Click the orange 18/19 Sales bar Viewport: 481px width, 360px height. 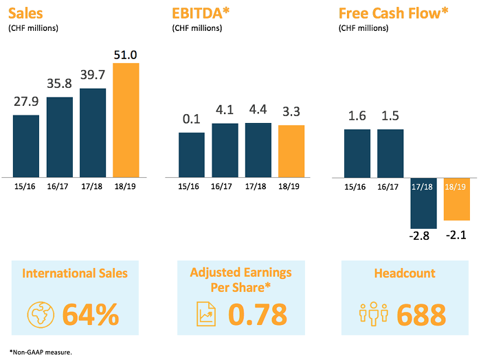[126, 120]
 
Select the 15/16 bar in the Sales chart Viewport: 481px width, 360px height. [26, 146]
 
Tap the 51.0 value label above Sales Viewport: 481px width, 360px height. [126, 54]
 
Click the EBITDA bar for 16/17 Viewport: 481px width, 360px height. [225, 150]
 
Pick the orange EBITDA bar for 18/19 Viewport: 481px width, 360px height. [291, 151]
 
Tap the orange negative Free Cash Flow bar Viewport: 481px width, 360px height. [456, 199]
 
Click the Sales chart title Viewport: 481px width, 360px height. [25, 12]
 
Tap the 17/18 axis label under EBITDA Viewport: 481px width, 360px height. [258, 185]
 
